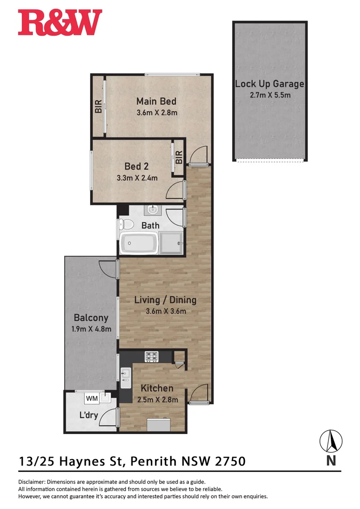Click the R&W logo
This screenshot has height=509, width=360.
coord(60,23)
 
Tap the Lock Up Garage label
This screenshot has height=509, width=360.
coord(270,84)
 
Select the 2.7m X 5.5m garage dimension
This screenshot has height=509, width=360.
coord(270,95)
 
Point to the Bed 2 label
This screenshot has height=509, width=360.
coord(137,166)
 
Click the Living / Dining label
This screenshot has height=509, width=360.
coord(165,300)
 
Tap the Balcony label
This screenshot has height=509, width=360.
coord(91,318)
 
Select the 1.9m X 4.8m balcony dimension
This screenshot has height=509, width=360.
coord(91,328)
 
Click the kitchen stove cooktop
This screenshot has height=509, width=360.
coord(151,356)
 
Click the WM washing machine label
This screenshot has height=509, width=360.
coord(91,399)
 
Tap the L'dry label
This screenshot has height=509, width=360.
coord(88,416)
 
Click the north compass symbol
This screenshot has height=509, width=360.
coord(331,442)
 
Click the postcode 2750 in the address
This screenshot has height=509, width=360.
coord(230,460)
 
